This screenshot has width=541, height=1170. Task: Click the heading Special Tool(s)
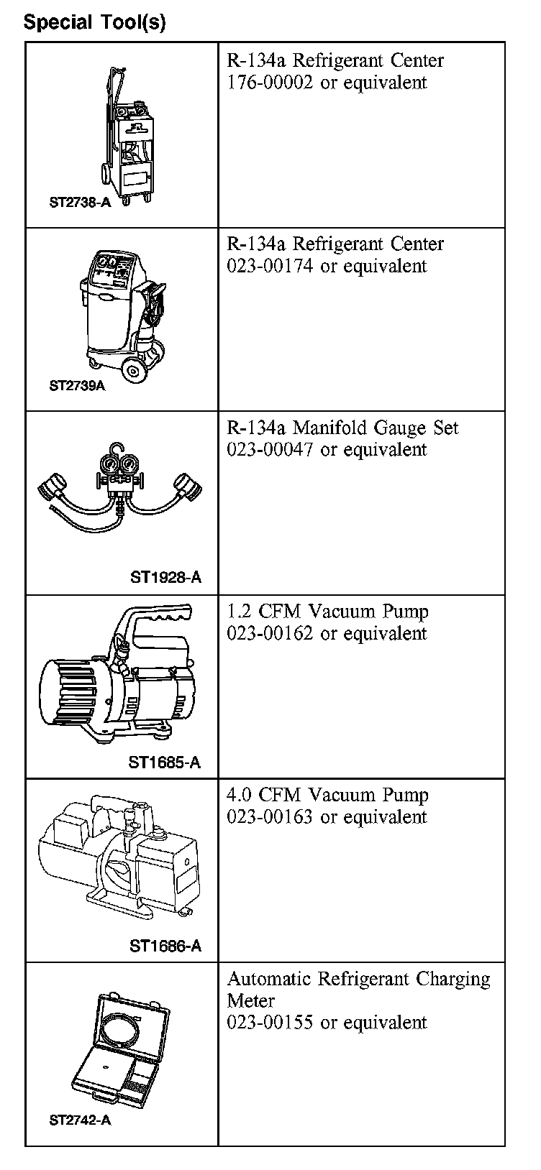tap(94, 22)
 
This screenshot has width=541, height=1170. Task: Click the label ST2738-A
tap(80, 203)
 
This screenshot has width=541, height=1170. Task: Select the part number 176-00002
tap(270, 83)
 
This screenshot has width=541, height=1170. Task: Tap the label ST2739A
tap(77, 386)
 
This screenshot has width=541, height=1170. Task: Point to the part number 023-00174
tap(270, 266)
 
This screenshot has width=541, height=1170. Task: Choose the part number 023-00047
tap(270, 450)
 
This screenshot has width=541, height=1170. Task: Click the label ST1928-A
tap(165, 578)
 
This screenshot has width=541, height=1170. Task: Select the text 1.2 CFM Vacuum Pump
tap(327, 612)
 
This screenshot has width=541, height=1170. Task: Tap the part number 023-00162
tap(270, 634)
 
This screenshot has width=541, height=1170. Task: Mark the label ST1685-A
tap(165, 763)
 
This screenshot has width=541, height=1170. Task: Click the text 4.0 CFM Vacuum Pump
tap(327, 796)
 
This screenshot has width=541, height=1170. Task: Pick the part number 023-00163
tap(270, 817)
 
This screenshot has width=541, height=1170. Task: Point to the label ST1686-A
tap(165, 946)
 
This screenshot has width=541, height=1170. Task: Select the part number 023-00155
tap(270, 1023)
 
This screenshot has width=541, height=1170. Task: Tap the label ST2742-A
tap(80, 1120)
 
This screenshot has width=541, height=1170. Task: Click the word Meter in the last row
tap(251, 1000)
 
